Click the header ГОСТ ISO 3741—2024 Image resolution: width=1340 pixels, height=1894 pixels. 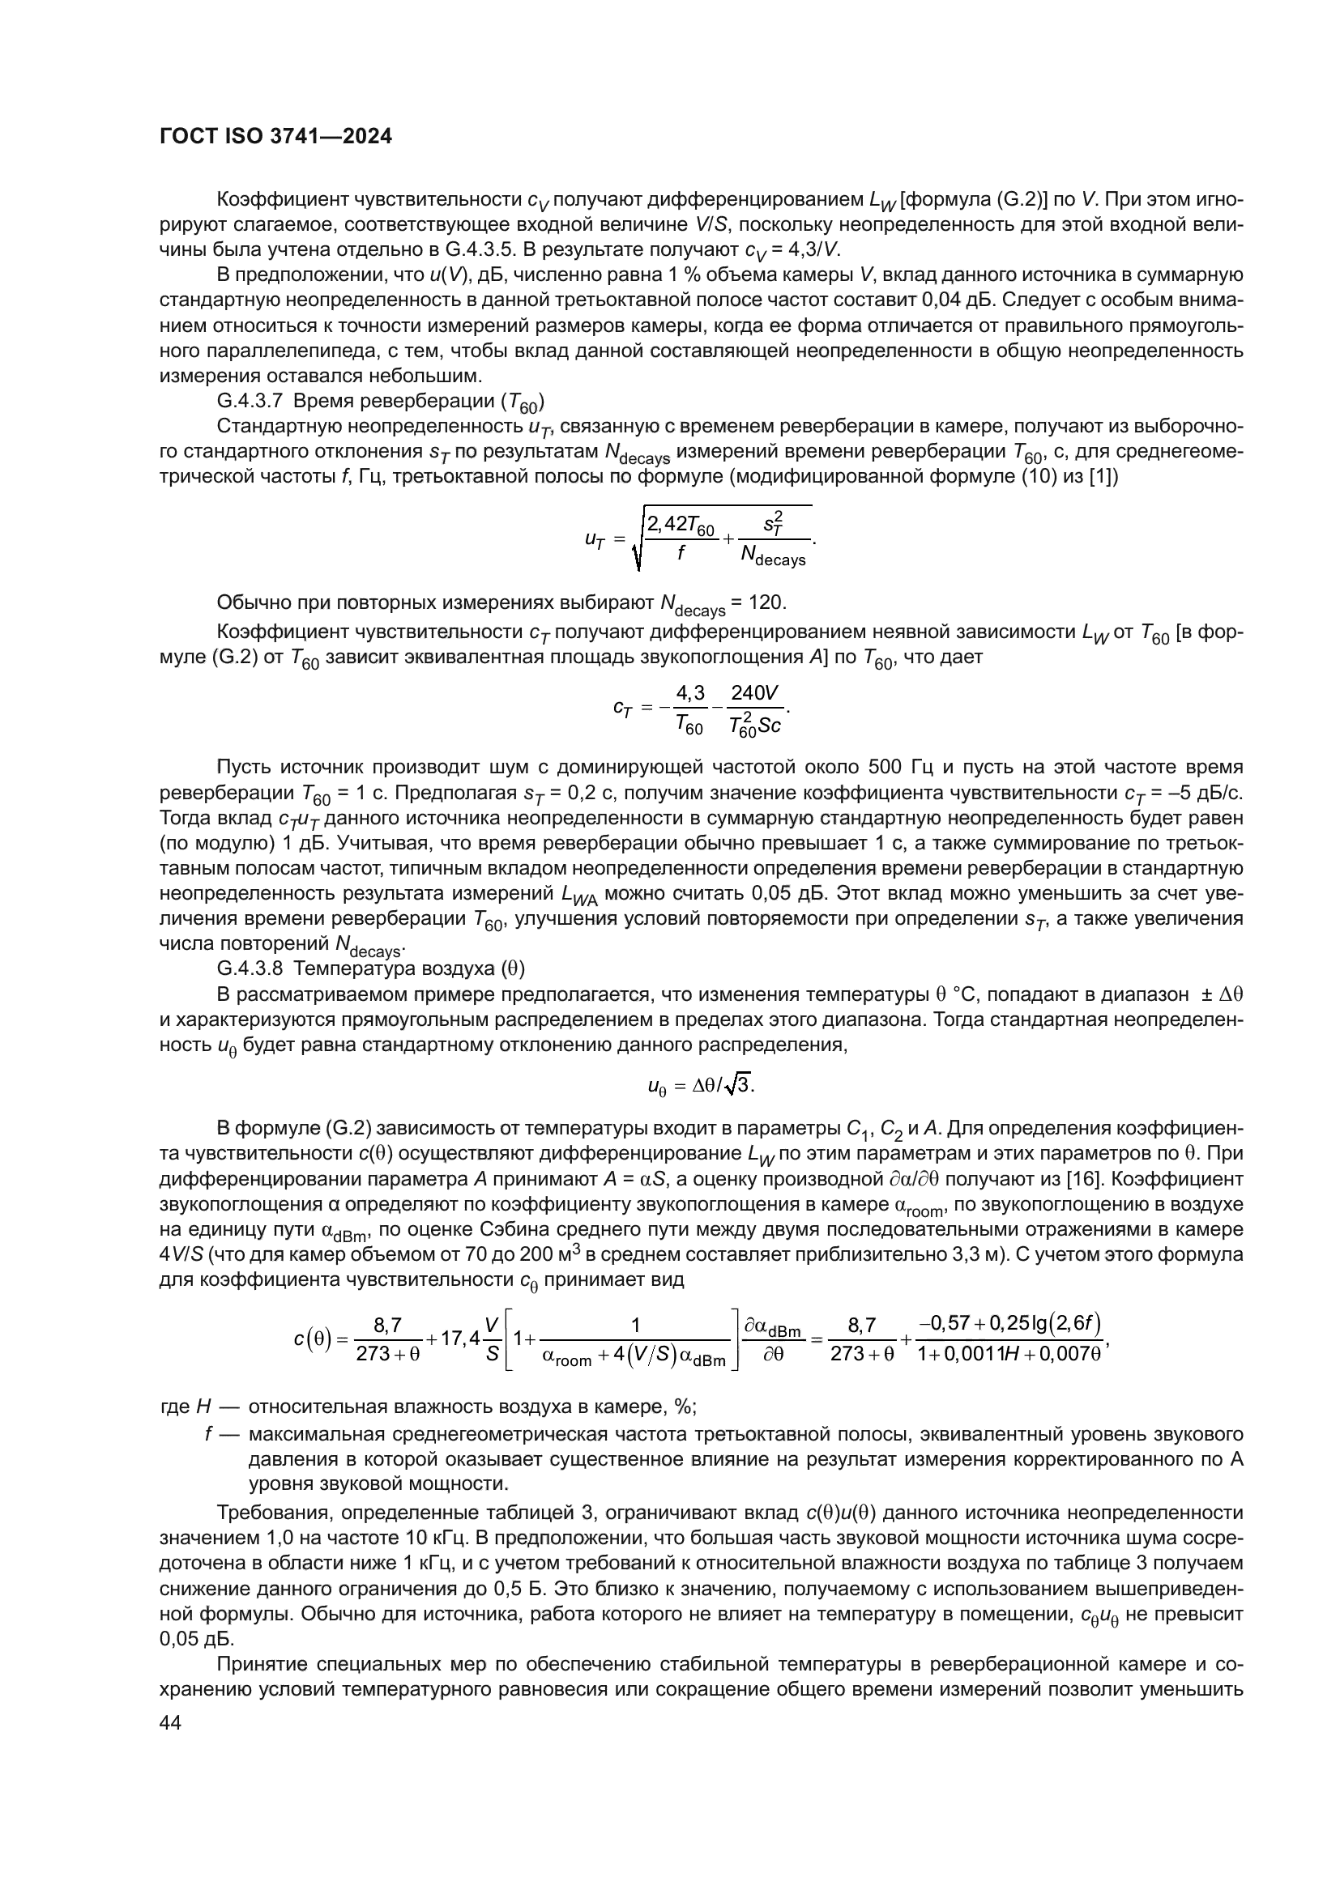pyautogui.click(x=275, y=136)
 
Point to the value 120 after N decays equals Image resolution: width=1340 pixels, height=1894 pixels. pyautogui.click(x=766, y=603)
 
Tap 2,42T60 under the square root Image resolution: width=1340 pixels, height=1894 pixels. pyautogui.click(x=681, y=525)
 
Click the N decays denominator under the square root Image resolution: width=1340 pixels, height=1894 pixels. pyautogui.click(x=772, y=560)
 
